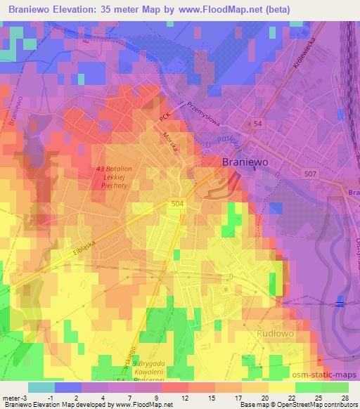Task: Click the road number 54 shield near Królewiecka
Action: (259, 124)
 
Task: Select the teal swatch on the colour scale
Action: (41, 387)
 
